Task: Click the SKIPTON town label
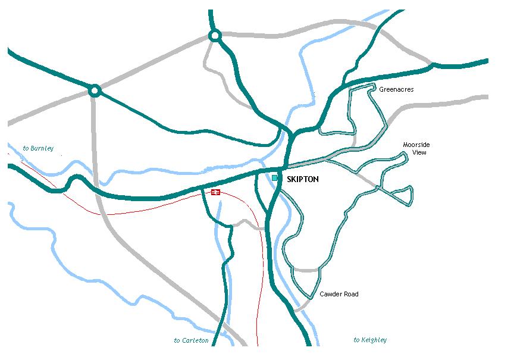pos(302,179)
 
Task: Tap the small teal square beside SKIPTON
pos(274,178)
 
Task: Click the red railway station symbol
pos(215,192)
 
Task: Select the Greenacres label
pos(396,90)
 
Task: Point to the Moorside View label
pos(416,149)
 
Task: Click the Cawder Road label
pos(339,295)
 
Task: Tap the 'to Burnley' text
pos(38,148)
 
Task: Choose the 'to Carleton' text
pos(191,341)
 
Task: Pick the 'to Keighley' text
pos(370,340)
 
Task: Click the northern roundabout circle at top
pos(215,36)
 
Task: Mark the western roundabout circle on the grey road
pos(93,91)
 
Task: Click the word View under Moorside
pos(416,153)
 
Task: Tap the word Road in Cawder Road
pos(350,295)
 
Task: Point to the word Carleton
pos(196,341)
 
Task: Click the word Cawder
pos(330,295)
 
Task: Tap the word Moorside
pos(416,145)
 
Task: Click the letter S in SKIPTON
pos(289,179)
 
